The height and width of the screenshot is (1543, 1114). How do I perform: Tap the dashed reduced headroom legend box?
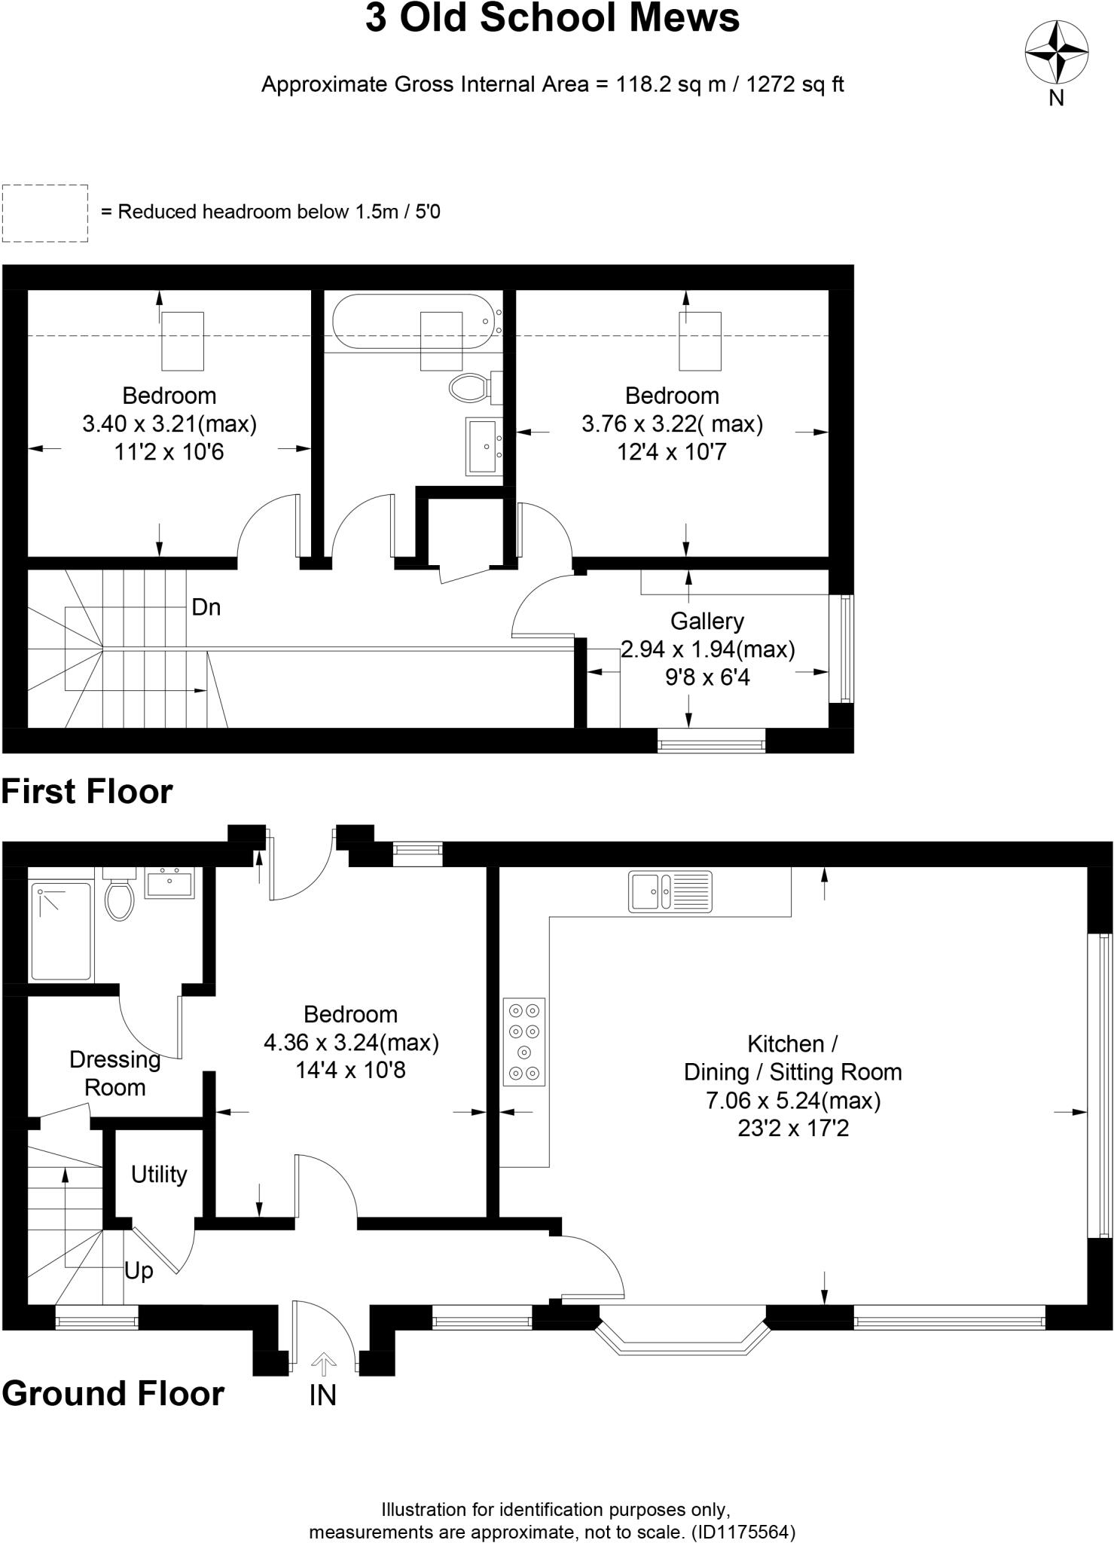point(45,213)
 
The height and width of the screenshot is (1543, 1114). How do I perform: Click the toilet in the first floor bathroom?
point(469,388)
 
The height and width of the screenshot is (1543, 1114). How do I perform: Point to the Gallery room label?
point(707,621)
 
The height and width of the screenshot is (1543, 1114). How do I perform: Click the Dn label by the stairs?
point(206,607)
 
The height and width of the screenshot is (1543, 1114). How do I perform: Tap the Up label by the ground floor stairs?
point(139,1271)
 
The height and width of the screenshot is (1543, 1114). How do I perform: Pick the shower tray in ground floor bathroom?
point(61,932)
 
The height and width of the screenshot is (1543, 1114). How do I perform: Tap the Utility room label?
point(158,1175)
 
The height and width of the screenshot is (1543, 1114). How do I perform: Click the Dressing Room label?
point(114,1074)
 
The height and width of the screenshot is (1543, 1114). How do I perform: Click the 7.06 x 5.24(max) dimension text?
point(793,1101)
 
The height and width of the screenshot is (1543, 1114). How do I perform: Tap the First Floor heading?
point(87,792)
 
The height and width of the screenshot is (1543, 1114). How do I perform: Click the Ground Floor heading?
point(113,1394)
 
